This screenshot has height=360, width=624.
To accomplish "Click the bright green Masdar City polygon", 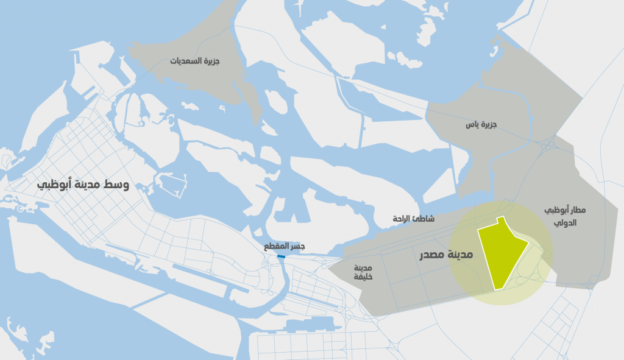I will (501, 253).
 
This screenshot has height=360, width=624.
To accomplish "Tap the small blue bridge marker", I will (281, 257).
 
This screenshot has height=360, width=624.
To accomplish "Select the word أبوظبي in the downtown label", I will (52, 184).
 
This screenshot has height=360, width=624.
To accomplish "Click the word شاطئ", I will (424, 218).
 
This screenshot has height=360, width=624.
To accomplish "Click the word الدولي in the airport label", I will (565, 222).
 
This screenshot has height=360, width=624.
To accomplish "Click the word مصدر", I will (433, 255).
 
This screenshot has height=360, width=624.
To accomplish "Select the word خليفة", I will (363, 277).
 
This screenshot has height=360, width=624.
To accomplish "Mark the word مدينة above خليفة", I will (363, 267).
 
